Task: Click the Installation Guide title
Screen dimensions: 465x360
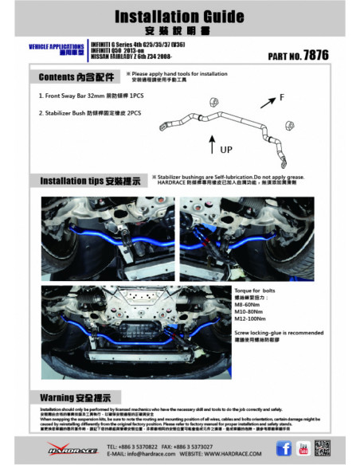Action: (180, 16)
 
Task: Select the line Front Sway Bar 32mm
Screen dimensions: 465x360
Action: (92, 95)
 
